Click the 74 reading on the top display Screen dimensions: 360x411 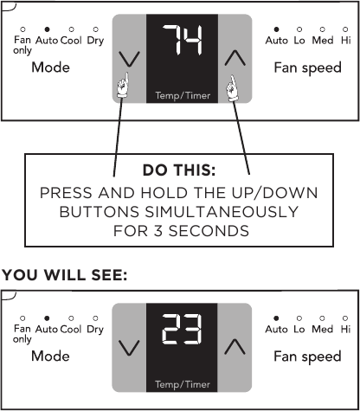click(x=182, y=40)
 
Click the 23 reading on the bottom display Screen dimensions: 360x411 click(x=182, y=329)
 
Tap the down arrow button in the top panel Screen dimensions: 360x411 click(x=129, y=59)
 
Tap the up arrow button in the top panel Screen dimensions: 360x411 click(x=235, y=58)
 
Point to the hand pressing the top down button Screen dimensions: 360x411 click(x=122, y=86)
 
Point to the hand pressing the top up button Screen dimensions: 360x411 click(x=233, y=88)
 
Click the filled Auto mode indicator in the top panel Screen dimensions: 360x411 click(x=48, y=29)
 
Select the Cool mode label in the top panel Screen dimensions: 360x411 click(x=71, y=40)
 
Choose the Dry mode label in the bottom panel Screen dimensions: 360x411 click(x=95, y=330)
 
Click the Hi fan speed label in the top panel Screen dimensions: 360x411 click(x=346, y=40)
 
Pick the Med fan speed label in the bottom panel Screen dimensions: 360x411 click(x=323, y=329)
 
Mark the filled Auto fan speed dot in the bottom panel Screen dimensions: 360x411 click(x=276, y=318)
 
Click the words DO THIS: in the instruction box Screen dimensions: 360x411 click(x=179, y=170)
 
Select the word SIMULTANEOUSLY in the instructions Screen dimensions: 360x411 click(x=222, y=212)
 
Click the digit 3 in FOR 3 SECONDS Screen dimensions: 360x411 click(x=158, y=231)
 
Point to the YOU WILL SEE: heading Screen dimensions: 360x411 click(x=64, y=275)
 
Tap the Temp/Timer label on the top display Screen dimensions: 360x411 click(x=183, y=95)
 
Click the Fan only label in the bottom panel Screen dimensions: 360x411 click(x=22, y=334)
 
